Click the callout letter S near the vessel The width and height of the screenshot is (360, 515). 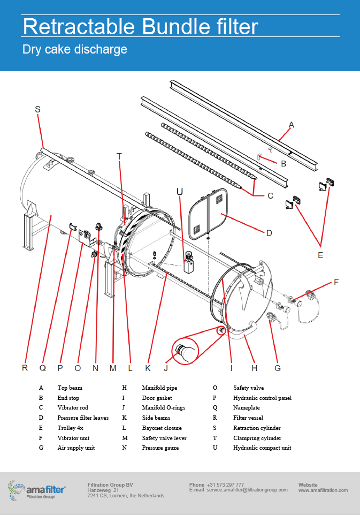tap(37, 109)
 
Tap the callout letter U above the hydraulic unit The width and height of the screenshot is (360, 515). tap(180, 191)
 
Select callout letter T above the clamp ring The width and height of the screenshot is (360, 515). tap(119, 156)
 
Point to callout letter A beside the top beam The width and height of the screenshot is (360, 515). tap(292, 125)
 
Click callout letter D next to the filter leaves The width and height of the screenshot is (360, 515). tap(269, 232)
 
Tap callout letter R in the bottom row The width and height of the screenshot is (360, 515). tap(25, 368)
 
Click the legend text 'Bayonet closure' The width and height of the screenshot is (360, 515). tap(162, 428)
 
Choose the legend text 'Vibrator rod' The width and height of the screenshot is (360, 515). tap(72, 407)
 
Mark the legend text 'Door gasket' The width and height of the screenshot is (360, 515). tap(157, 398)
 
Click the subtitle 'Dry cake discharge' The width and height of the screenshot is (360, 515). tap(74, 50)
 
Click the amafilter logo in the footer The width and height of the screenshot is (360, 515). tap(37, 489)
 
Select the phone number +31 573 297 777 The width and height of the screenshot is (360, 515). tap(225, 485)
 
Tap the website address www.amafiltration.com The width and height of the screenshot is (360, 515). tap(323, 490)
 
